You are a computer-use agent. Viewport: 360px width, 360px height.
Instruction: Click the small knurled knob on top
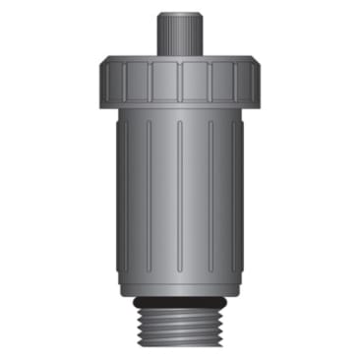[x=180, y=37]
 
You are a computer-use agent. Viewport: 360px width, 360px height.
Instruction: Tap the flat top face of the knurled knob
[x=180, y=17]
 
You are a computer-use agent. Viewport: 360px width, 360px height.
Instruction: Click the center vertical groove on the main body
[x=180, y=197]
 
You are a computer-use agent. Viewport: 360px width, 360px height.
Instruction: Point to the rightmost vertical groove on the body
[x=237, y=197]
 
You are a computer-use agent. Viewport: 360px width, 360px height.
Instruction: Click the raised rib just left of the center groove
[x=164, y=197]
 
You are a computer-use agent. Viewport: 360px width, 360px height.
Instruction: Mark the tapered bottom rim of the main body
[x=180, y=286]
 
